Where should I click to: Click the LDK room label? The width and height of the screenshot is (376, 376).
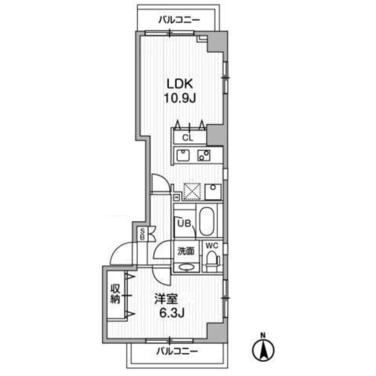click(180, 84)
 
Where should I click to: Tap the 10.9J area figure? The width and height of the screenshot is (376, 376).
click(180, 98)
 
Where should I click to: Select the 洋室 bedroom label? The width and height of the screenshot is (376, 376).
click(166, 299)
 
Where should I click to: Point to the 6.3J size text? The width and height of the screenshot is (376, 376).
click(172, 313)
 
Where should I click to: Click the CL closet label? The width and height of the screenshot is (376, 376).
click(188, 138)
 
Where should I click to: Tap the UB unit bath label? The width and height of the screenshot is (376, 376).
click(184, 223)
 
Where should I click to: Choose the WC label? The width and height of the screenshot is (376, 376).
click(212, 246)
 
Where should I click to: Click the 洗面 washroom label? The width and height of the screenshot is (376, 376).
click(186, 251)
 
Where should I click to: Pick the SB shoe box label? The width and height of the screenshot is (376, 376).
click(142, 234)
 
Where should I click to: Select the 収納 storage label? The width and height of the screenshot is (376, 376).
click(115, 294)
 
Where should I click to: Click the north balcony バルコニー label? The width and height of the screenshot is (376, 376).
click(179, 20)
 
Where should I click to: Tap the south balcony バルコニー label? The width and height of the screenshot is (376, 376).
click(177, 352)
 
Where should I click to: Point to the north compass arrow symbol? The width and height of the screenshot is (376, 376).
click(263, 350)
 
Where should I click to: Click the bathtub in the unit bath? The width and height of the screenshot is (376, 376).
click(207, 221)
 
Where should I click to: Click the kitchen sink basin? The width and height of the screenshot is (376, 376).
click(183, 155)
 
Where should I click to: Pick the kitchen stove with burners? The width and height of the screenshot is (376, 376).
click(204, 155)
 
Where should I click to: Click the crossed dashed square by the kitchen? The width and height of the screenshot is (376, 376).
click(192, 191)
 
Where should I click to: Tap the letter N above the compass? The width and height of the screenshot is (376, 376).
click(263, 335)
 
